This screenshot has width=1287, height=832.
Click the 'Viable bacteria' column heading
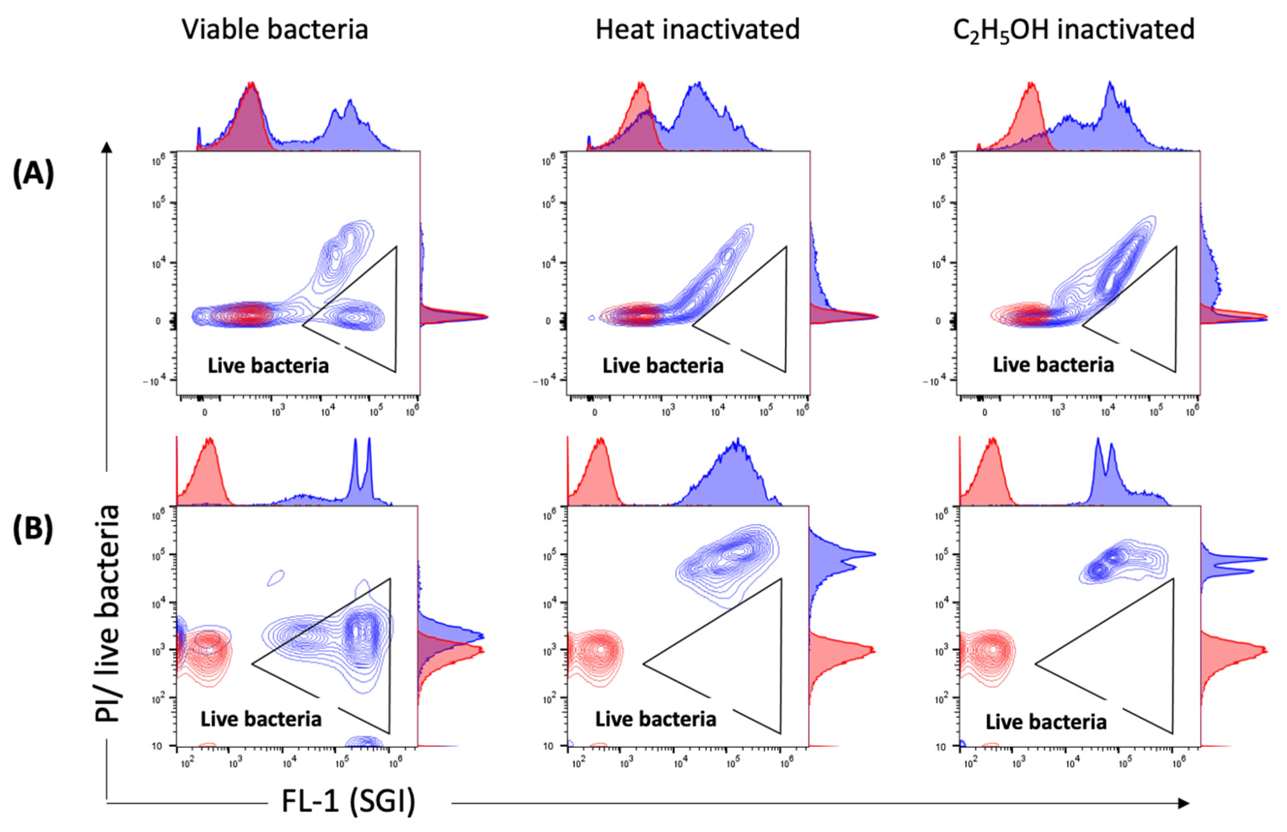(x=275, y=29)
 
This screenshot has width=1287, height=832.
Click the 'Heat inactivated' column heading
(x=697, y=29)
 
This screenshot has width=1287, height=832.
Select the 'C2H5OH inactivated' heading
(x=1073, y=30)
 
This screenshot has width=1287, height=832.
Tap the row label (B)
(x=34, y=528)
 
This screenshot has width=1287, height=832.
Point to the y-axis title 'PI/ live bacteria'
(x=107, y=613)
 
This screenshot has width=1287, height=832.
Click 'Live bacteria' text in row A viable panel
(x=268, y=366)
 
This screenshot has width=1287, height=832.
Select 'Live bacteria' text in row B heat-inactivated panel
(x=656, y=719)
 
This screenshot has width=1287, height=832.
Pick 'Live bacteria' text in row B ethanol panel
(x=1046, y=722)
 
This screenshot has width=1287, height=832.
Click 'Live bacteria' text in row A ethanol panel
(x=1053, y=365)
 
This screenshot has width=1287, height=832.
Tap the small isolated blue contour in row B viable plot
(x=276, y=578)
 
